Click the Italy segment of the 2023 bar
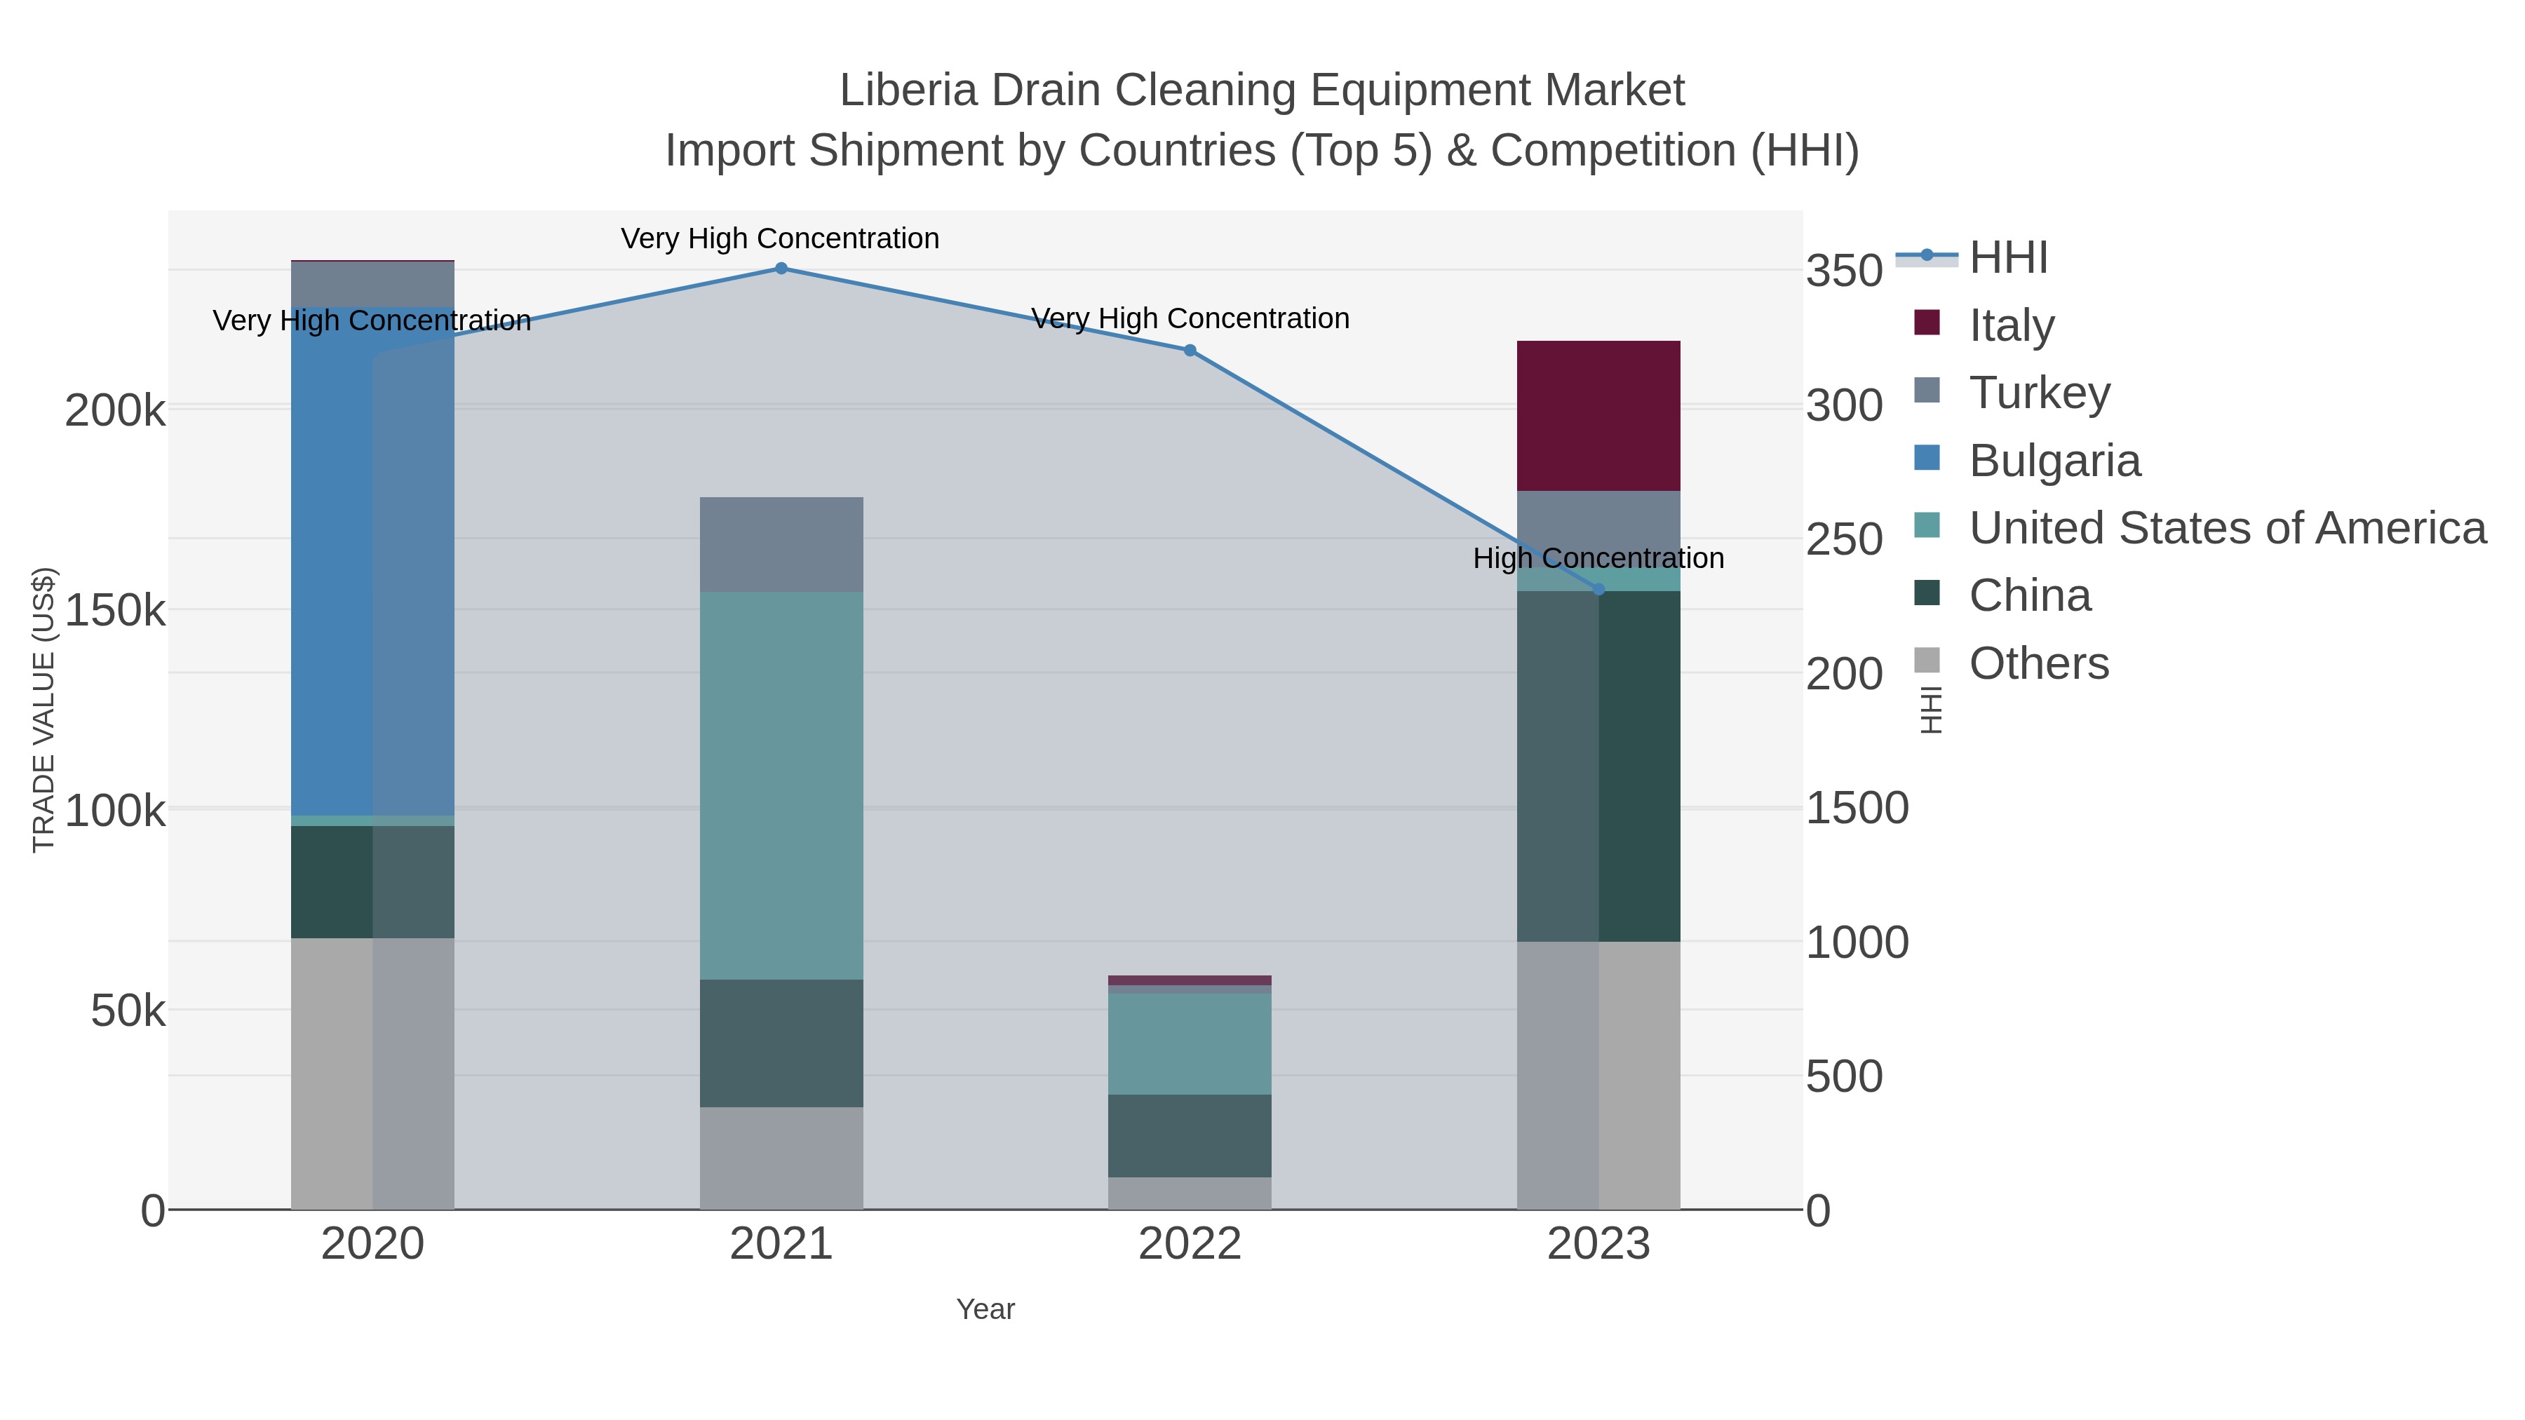(1598, 416)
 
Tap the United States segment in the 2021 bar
(781, 785)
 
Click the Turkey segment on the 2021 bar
(781, 544)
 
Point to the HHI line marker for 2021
(781, 269)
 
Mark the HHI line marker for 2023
(1598, 589)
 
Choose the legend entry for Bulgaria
(2054, 461)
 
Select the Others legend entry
(2039, 663)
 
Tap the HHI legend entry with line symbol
(2007, 258)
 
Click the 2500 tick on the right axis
(1845, 540)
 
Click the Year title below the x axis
(985, 1309)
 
